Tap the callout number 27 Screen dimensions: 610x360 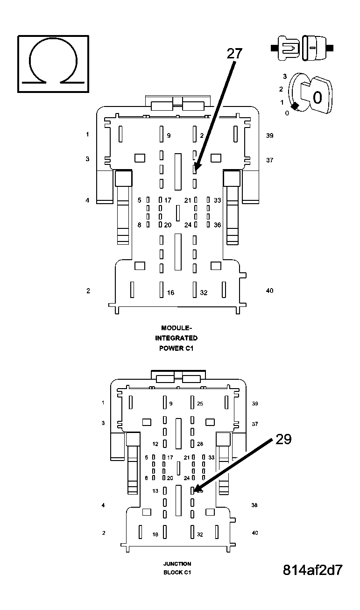(234, 53)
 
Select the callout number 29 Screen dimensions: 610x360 (283, 439)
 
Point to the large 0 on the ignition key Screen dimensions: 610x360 (317, 98)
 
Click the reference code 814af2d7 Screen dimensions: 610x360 (312, 570)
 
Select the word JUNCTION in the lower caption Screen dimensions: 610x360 (177, 564)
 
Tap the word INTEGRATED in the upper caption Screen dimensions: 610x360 (176, 338)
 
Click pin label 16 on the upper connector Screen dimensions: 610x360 (171, 293)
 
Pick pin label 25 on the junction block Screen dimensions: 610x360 (200, 404)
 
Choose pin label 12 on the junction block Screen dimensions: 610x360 (156, 444)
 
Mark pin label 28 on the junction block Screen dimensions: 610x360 (200, 444)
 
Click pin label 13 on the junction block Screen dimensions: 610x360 (155, 491)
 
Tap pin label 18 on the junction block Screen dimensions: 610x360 (155, 534)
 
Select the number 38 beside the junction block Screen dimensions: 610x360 (254, 505)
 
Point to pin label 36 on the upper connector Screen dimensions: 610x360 (217, 225)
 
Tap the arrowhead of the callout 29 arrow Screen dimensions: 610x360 (195, 491)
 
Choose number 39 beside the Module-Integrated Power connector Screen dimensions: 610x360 (269, 136)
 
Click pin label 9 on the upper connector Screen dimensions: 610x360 (169, 136)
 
